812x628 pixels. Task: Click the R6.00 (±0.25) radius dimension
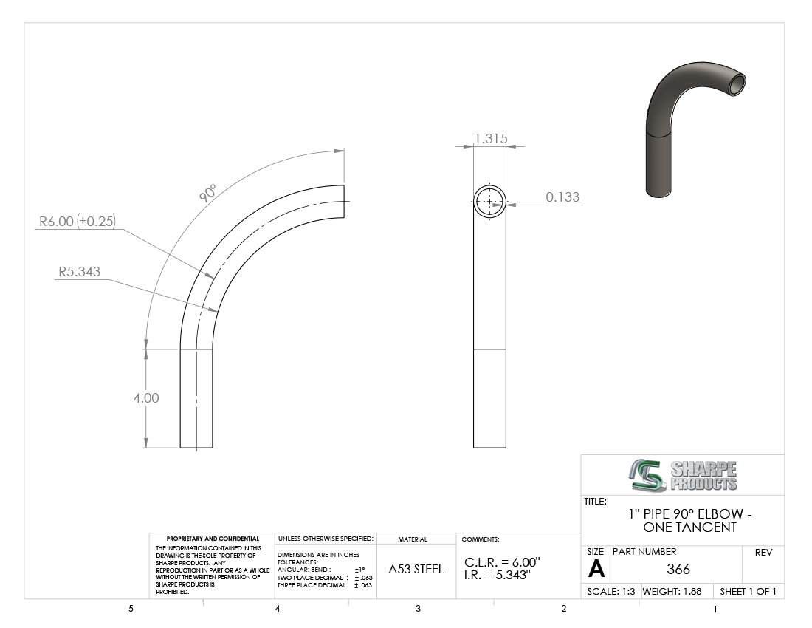(78, 221)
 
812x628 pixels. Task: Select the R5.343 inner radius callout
(79, 271)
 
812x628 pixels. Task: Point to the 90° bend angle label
(207, 194)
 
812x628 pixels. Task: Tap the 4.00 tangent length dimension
(146, 398)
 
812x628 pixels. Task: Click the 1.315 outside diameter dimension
(491, 138)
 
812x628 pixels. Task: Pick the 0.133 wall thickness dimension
(562, 197)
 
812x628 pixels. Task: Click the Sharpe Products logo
(683, 475)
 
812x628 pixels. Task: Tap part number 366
(678, 569)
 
